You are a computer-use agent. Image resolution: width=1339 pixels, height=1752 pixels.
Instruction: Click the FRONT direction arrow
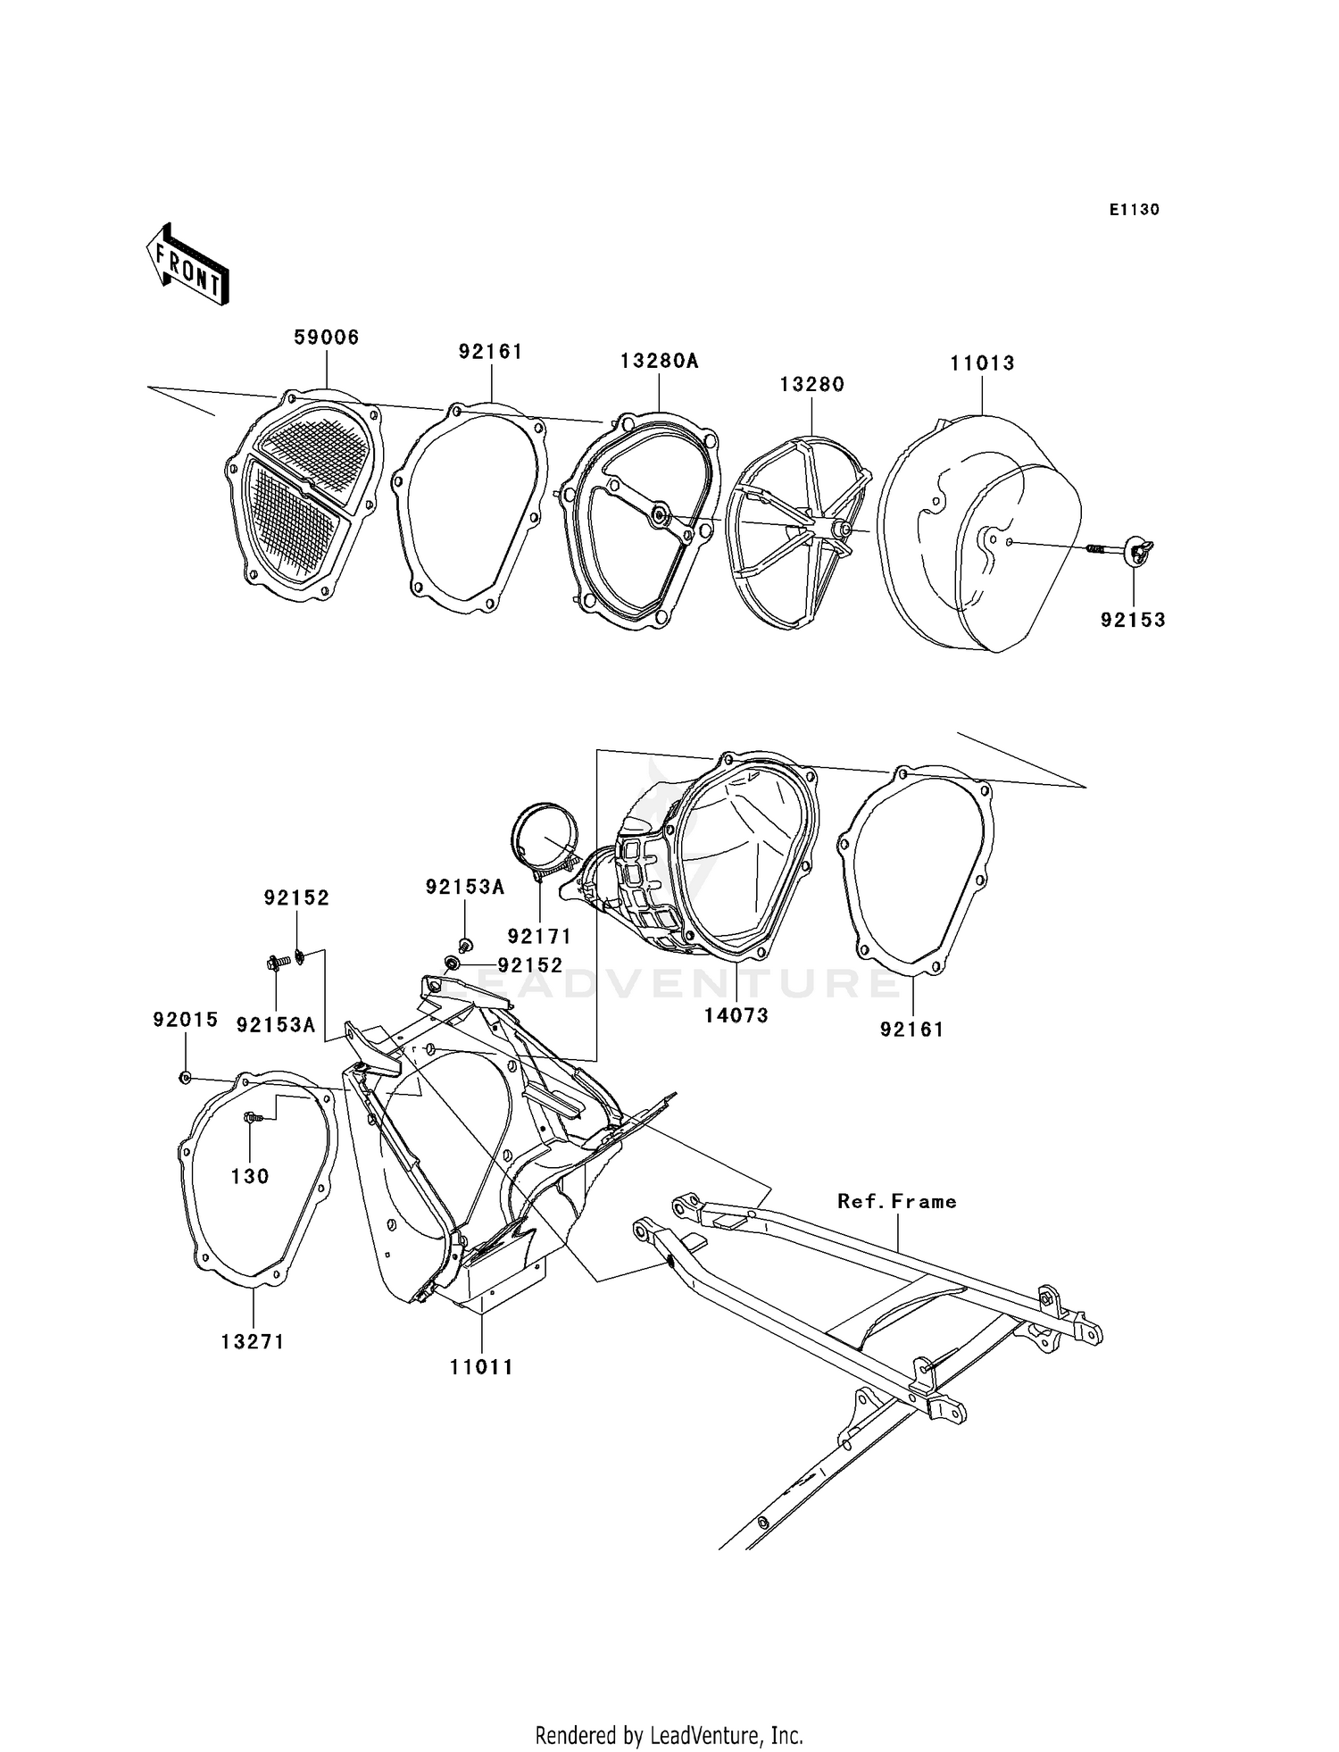coord(187,265)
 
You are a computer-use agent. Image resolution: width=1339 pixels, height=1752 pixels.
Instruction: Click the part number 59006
coord(327,338)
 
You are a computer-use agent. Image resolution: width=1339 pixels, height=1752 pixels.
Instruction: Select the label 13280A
coord(659,362)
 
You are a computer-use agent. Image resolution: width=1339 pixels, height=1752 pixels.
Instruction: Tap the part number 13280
coord(811,385)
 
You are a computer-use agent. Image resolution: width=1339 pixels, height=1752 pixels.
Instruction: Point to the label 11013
coord(982,363)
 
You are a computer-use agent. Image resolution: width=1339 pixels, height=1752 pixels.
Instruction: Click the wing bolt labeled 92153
coord(1137,550)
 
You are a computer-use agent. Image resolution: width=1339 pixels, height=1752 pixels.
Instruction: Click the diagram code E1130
coord(1134,210)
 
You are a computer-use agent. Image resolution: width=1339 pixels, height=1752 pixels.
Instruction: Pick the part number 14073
coord(736,1015)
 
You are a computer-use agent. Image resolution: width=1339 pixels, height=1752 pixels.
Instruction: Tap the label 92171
coord(539,937)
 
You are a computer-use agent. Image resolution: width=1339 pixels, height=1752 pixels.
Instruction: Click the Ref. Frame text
coord(896,1202)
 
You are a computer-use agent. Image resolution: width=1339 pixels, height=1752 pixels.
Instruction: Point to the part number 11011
coord(482,1367)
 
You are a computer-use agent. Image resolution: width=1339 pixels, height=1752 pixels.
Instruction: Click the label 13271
coord(253,1342)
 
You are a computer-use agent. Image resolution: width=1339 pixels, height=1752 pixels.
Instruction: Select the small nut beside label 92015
coord(185,1078)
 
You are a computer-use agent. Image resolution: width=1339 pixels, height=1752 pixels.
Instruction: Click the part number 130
coord(250,1177)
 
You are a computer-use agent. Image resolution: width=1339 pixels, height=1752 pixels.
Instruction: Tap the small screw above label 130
coord(251,1116)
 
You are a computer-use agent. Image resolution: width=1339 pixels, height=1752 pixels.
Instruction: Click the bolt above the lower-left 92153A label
coord(275,963)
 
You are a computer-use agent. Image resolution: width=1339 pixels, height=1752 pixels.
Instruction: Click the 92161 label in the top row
coord(490,353)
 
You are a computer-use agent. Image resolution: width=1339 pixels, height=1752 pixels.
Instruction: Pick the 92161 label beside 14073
coord(911,1030)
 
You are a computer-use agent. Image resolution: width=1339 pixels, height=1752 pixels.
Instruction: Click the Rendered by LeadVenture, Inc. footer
coord(669,1735)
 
